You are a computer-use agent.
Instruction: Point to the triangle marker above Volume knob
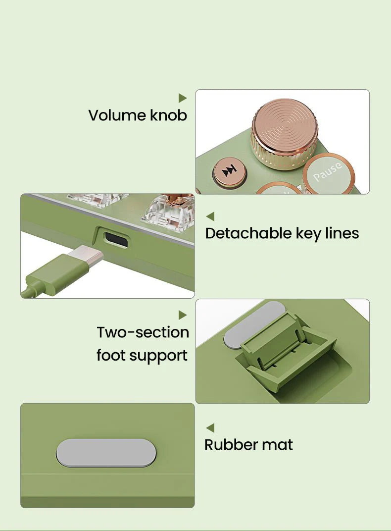click(x=183, y=98)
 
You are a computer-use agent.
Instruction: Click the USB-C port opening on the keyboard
click(x=116, y=239)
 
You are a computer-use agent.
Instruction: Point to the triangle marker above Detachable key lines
click(x=210, y=216)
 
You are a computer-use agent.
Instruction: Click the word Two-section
click(x=143, y=332)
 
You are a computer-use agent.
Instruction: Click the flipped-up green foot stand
click(x=288, y=349)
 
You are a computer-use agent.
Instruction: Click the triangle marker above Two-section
click(x=183, y=315)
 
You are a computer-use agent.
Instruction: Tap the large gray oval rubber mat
click(x=106, y=453)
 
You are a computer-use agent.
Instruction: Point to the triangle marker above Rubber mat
click(x=210, y=427)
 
